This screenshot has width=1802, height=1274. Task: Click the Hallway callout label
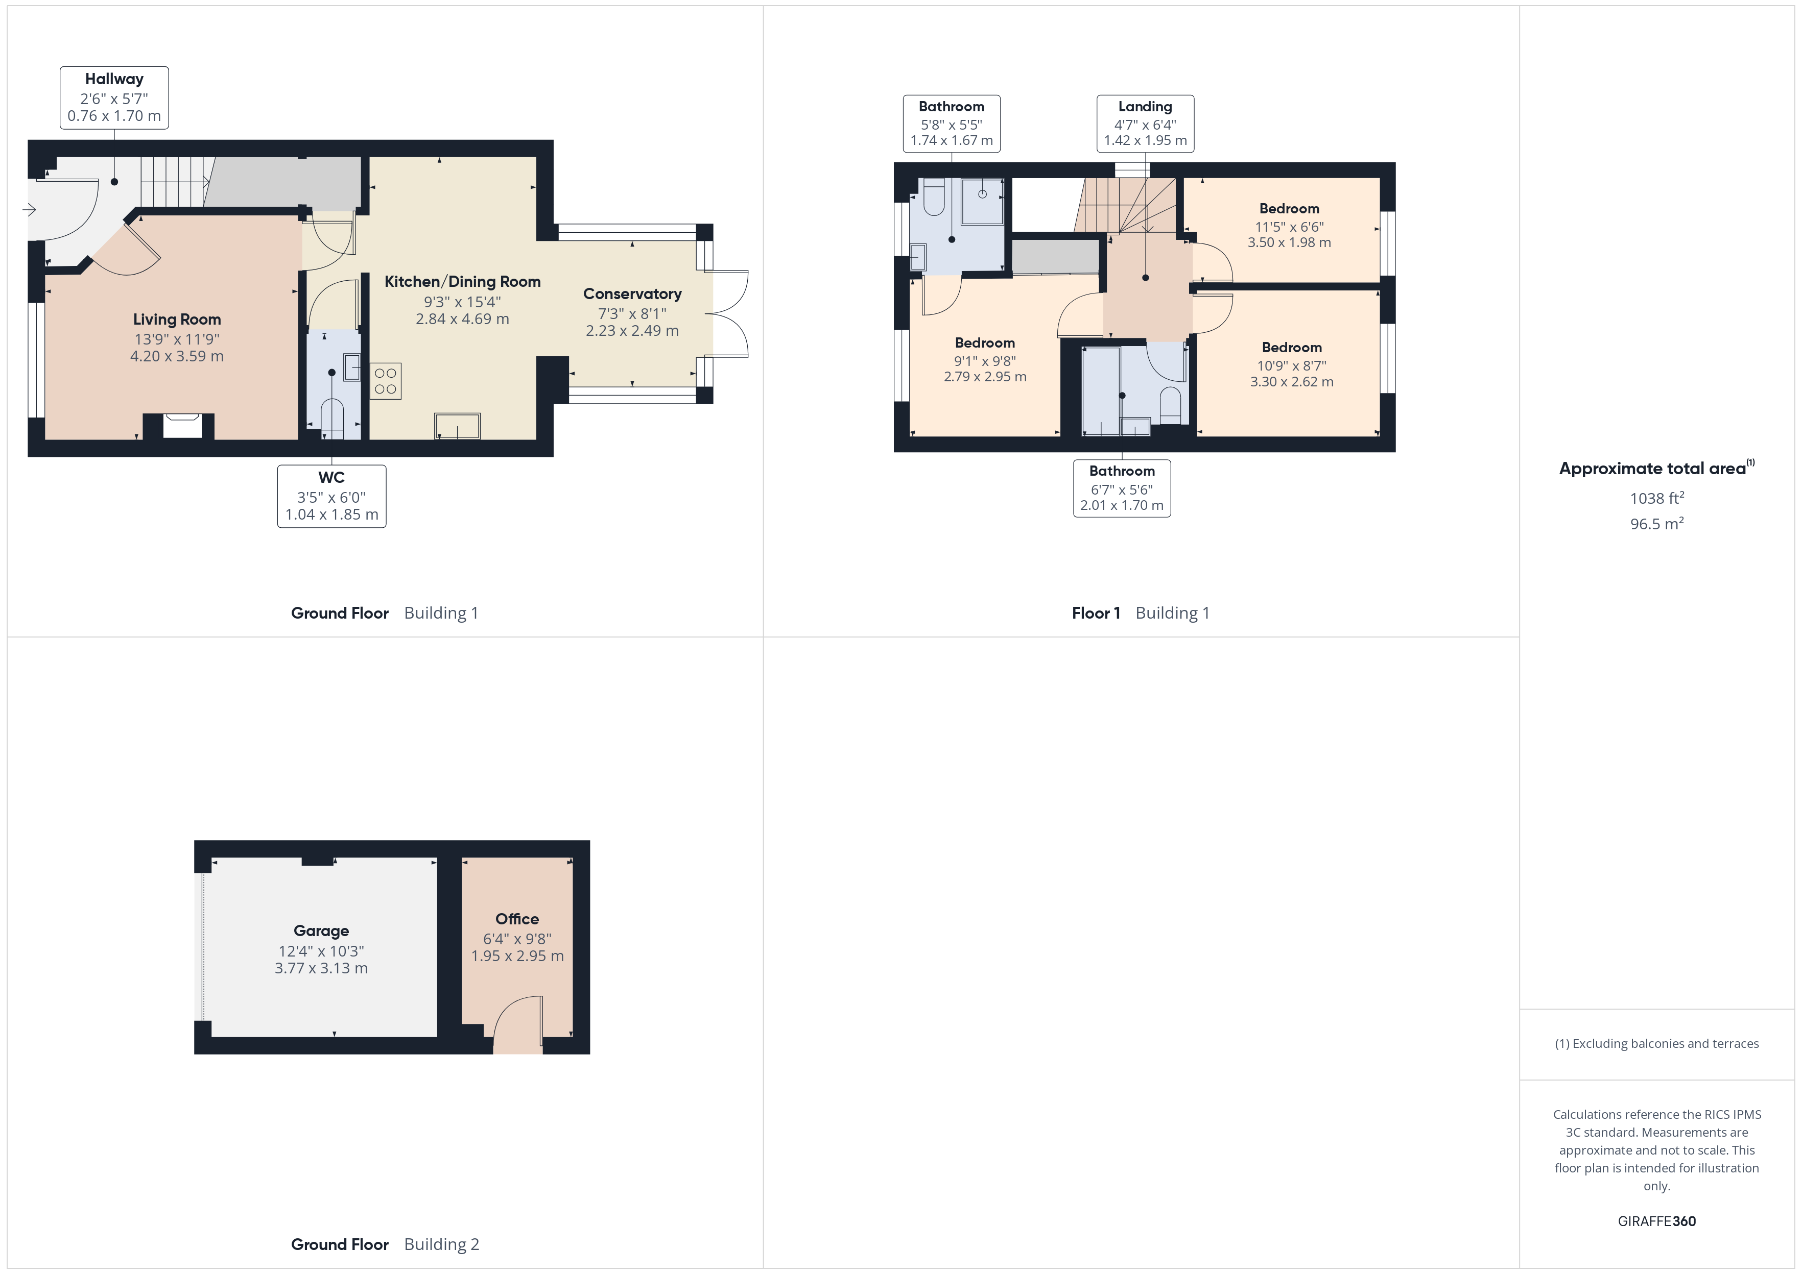tap(114, 97)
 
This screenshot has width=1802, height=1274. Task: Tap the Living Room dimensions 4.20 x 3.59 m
tap(177, 356)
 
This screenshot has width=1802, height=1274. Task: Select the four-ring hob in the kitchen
tap(385, 381)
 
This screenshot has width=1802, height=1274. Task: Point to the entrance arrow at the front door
tap(30, 209)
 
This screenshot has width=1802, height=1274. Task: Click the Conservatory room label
tap(632, 294)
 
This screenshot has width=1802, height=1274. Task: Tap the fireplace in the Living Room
tap(182, 426)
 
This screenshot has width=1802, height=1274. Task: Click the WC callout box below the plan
tap(331, 496)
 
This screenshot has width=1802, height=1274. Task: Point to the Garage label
tap(321, 931)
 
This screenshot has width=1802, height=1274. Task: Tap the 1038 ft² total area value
tap(1656, 498)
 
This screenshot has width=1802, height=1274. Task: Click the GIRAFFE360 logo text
tap(1656, 1221)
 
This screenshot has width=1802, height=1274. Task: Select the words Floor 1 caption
tap(1096, 614)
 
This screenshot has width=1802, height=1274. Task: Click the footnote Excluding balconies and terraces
tap(1656, 1043)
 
